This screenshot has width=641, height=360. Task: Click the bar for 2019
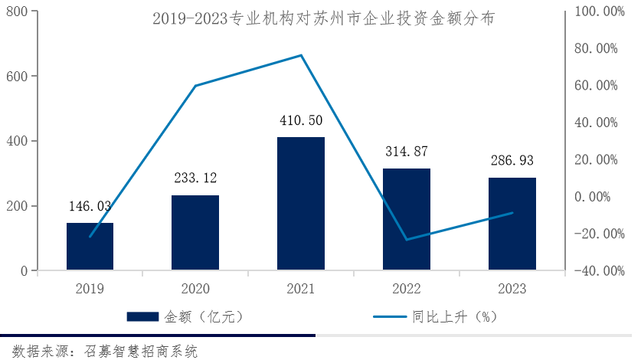[x=90, y=246]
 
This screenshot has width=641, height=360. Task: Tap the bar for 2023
[x=512, y=224]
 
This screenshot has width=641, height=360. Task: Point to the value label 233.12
[x=195, y=178]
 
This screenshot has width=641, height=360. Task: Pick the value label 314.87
[x=407, y=152]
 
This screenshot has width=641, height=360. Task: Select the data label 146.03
[x=90, y=206]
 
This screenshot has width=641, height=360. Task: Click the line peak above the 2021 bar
[x=301, y=55]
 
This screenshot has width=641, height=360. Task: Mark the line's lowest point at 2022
[x=407, y=240]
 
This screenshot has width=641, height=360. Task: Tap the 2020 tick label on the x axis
[x=195, y=289]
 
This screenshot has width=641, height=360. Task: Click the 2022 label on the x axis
[x=407, y=289]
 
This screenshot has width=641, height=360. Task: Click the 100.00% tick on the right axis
[x=598, y=11]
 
